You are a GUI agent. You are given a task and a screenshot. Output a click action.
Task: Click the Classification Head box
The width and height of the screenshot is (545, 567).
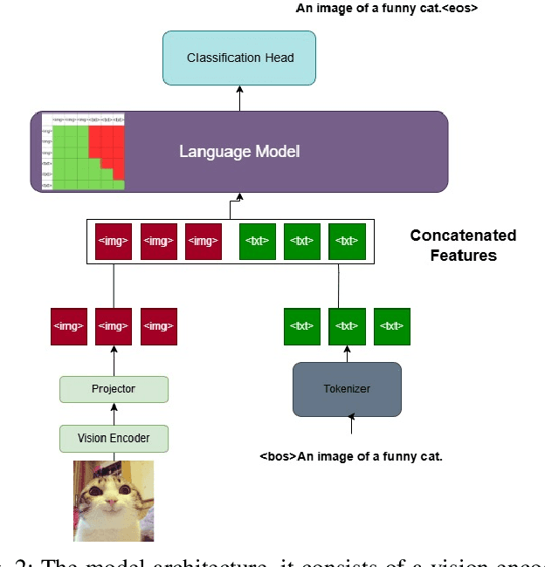(240, 58)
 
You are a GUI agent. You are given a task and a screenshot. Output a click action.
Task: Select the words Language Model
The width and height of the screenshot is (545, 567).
(239, 152)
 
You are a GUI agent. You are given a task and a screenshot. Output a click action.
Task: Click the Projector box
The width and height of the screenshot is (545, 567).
(114, 388)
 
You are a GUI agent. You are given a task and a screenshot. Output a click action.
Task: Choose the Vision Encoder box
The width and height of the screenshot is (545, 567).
(114, 438)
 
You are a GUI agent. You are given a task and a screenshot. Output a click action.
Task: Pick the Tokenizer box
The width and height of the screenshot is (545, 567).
(347, 389)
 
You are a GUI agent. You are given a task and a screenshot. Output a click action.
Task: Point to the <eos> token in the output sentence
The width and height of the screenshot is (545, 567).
(457, 9)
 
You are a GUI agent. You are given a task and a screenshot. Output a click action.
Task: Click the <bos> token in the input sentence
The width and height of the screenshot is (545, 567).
(278, 456)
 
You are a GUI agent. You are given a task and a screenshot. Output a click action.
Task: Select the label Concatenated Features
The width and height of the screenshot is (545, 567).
(463, 245)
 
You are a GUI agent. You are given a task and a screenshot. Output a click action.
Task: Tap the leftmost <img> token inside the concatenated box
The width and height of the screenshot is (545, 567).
(113, 241)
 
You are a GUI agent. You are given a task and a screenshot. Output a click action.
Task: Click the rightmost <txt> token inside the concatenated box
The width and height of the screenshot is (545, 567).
(347, 241)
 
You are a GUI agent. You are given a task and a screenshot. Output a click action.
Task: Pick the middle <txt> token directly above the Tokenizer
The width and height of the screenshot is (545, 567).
(347, 326)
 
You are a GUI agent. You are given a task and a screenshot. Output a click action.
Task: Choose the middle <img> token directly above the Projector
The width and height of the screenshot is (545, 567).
(114, 326)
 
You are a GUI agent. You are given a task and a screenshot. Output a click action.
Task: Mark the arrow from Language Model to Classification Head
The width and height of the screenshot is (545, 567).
(240, 99)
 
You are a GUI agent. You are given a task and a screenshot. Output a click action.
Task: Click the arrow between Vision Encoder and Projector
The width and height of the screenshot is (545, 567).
(114, 413)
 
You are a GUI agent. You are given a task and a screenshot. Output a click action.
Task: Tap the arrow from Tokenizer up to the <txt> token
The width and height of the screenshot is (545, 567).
(347, 353)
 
